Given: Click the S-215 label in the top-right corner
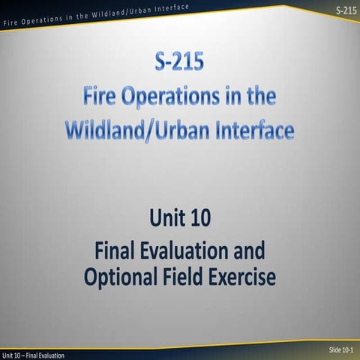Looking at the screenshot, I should (x=346, y=10).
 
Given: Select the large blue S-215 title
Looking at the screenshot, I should (x=178, y=63).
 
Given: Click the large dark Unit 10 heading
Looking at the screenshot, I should (x=180, y=220).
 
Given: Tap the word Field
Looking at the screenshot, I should (x=184, y=277).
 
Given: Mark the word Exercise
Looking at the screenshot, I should (x=242, y=277).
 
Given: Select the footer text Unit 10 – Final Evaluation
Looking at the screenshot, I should (x=33, y=355).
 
